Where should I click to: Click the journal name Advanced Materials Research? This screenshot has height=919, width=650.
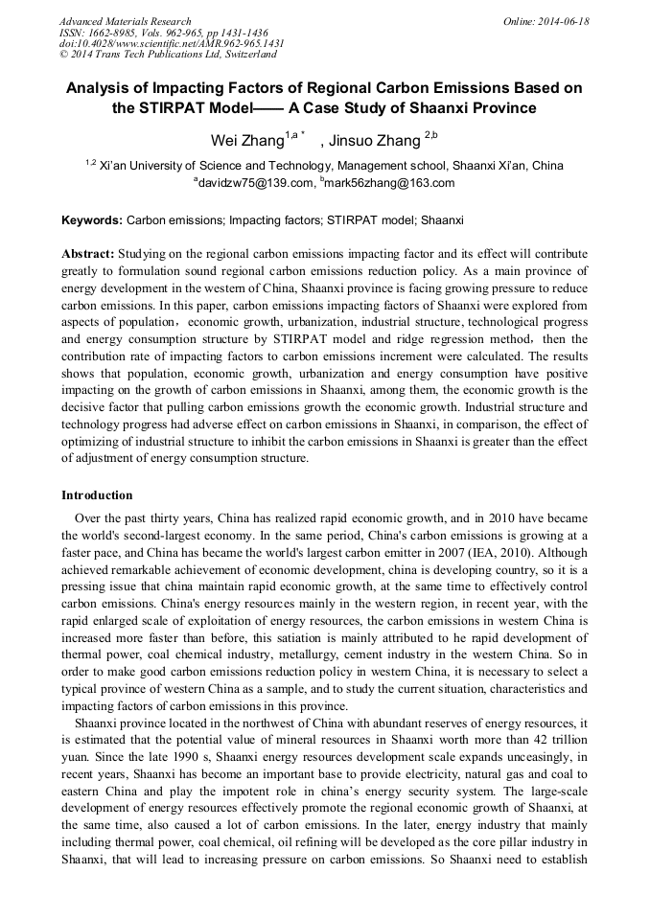pos(125,21)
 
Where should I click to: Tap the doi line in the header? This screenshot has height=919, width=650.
pos(172,43)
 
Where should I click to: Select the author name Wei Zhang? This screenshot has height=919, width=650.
pos(246,141)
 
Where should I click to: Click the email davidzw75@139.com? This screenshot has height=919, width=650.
pos(256,183)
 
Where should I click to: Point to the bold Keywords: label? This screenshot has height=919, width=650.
pos(92,220)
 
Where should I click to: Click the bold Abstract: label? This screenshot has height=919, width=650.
pos(88,254)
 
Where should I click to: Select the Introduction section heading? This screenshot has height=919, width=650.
pos(97,495)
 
